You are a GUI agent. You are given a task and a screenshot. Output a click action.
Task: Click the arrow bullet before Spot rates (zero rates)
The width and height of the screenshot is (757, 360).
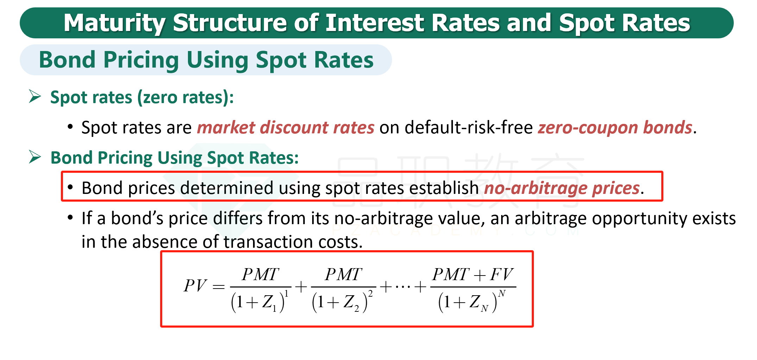tap(35, 96)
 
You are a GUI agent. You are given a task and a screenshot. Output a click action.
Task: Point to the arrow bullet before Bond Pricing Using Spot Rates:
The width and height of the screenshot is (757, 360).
tap(35, 157)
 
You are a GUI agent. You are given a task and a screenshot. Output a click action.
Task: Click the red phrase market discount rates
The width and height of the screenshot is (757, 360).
tap(285, 127)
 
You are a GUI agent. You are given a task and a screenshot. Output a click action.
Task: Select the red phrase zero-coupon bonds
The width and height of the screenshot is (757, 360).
tap(615, 127)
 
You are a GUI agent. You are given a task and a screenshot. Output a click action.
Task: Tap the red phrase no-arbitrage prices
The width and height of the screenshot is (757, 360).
tap(562, 188)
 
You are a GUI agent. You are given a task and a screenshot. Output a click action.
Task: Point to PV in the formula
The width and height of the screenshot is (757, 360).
tap(195, 285)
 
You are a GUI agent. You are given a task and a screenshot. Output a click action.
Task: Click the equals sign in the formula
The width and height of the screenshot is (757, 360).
tap(219, 287)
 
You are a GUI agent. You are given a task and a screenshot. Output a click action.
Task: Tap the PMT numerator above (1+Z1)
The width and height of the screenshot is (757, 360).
tap(260, 274)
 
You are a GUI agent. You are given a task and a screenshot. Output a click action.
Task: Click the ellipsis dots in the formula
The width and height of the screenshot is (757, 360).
tap(403, 287)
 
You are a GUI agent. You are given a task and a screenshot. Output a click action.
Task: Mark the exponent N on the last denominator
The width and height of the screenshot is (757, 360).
tap(502, 293)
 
